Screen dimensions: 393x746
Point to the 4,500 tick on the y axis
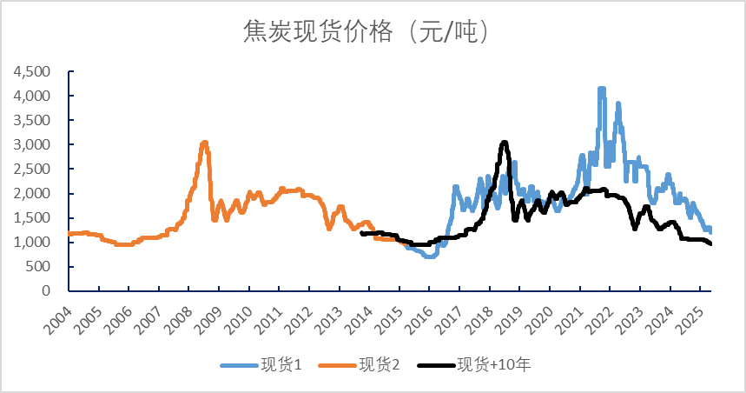click(x=34, y=71)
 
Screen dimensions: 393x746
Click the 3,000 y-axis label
click(x=34, y=144)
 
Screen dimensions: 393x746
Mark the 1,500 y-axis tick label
click(x=34, y=218)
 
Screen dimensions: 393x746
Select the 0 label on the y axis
click(x=48, y=291)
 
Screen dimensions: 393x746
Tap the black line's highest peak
click(x=504, y=143)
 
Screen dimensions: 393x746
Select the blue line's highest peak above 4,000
click(x=601, y=90)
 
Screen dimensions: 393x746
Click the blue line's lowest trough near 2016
click(x=429, y=256)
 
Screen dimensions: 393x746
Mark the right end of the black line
click(x=710, y=243)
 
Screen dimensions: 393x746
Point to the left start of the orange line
click(x=69, y=234)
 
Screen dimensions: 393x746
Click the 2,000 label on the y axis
click(x=34, y=194)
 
